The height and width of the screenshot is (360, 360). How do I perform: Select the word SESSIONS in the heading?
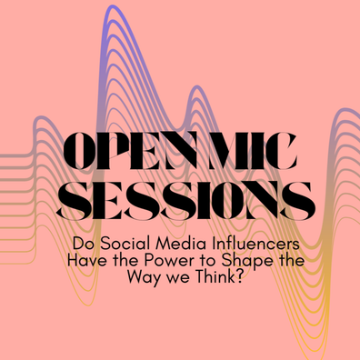tap(185, 201)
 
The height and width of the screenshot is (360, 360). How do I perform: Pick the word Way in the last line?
tap(144, 279)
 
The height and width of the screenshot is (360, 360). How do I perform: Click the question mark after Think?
tap(240, 277)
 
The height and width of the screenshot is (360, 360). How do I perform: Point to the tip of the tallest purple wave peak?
tap(113, 5)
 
